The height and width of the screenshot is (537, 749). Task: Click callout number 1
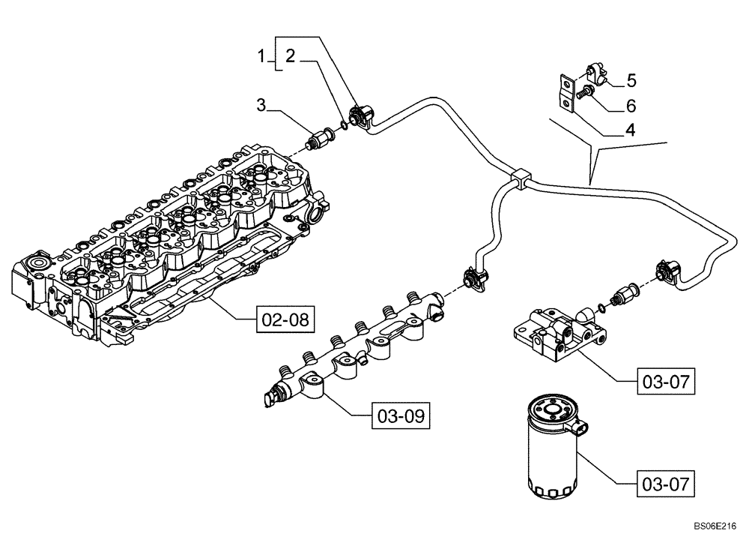pos(261,55)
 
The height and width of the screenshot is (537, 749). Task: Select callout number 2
pos(289,55)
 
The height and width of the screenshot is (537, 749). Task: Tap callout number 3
pos(261,104)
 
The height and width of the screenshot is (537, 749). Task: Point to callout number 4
pos(631,129)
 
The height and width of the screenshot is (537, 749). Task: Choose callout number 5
pos(631,79)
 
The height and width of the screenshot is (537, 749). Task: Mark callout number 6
pos(631,104)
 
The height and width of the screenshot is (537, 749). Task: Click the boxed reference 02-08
pos(283,319)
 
